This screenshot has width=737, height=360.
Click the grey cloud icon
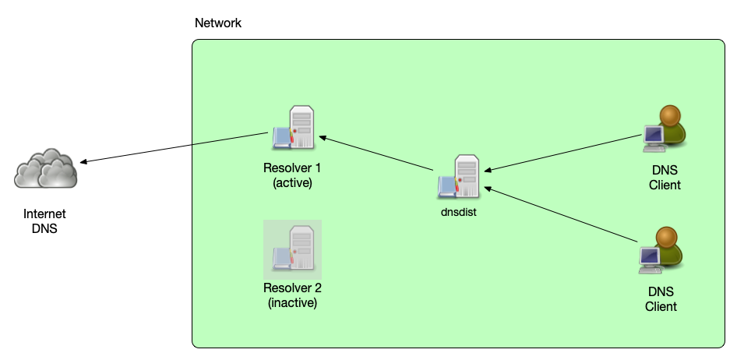47,168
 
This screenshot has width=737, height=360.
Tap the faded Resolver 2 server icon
293,249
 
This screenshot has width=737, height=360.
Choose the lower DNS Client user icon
661,249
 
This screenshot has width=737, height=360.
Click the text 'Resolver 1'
292,168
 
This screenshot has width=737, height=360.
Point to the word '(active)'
292,183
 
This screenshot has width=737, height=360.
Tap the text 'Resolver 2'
292,288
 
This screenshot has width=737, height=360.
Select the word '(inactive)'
292,303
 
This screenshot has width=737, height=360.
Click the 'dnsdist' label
458,210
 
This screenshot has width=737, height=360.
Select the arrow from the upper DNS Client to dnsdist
561,153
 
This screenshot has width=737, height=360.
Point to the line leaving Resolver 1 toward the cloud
230,139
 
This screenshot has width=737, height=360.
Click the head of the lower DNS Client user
667,237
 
